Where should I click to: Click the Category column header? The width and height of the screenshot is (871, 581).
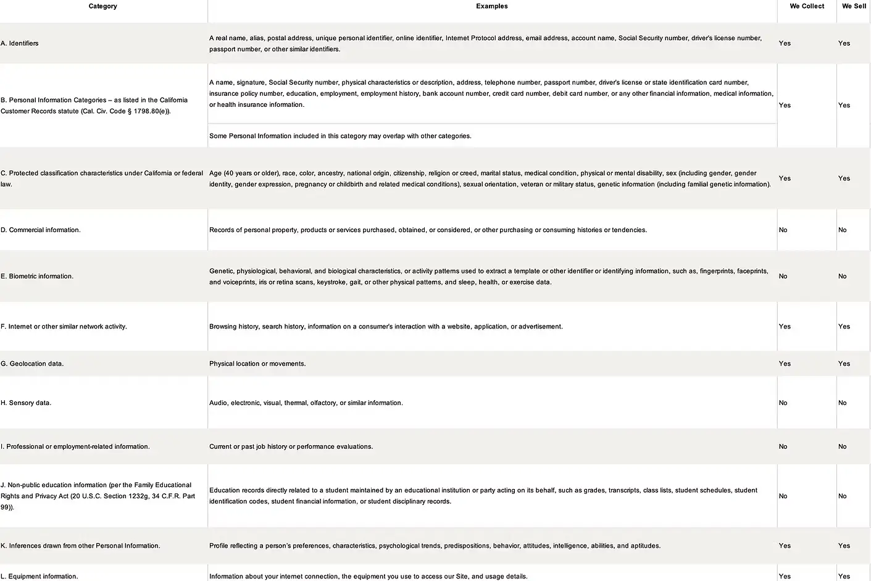click(102, 6)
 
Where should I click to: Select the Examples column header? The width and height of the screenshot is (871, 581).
click(491, 6)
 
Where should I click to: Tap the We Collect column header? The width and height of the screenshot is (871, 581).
click(807, 6)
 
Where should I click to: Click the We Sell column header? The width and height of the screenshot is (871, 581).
click(854, 6)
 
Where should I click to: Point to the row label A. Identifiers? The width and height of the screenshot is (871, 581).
click(20, 43)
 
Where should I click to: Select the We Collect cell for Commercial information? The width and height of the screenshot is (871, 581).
click(783, 230)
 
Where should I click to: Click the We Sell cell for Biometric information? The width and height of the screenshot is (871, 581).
click(842, 276)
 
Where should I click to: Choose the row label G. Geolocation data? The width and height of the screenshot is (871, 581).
click(32, 364)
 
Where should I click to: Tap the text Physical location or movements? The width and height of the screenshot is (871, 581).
click(257, 364)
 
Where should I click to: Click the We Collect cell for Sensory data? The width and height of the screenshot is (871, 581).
click(783, 403)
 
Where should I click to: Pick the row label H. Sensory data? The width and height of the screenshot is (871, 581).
click(26, 403)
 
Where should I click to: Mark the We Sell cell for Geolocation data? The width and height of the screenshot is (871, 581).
click(844, 364)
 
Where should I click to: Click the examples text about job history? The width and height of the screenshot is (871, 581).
click(291, 446)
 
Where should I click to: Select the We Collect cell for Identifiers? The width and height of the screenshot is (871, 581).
click(785, 43)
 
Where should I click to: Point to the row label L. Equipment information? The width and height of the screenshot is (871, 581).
click(40, 576)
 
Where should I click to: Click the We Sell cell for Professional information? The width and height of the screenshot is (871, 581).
click(842, 446)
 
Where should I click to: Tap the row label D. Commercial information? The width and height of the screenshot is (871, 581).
click(41, 230)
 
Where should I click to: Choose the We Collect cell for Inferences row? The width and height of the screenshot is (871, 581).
click(785, 546)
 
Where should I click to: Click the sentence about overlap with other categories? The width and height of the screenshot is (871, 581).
click(340, 136)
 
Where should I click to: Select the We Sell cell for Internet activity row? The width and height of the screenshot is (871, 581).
click(844, 327)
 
